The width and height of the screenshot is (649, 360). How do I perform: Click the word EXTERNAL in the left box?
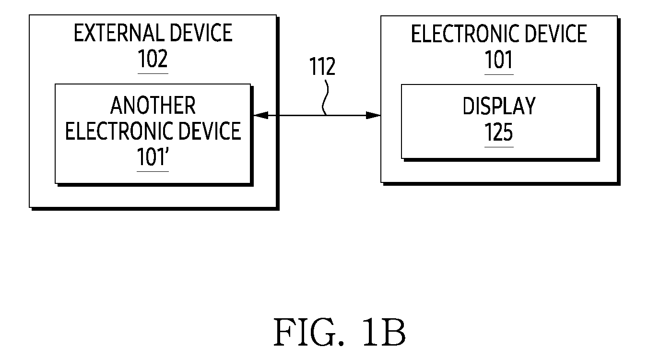click(119, 33)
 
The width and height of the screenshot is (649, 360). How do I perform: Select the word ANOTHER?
click(153, 106)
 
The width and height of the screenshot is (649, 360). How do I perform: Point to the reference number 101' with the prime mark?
click(153, 156)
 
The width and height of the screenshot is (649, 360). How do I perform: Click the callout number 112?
click(322, 66)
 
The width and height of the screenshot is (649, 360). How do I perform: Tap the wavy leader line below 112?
click(325, 98)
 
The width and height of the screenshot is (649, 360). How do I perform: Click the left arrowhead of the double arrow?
click(261, 115)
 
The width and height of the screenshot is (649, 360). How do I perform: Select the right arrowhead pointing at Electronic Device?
click(373, 115)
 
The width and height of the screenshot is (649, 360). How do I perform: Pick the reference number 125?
click(499, 132)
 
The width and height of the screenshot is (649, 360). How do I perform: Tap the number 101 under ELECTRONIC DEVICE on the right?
click(499, 60)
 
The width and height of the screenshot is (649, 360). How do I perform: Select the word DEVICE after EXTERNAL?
click(201, 33)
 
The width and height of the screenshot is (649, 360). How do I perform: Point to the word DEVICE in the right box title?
click(555, 34)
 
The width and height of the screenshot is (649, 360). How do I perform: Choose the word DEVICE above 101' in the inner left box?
click(209, 131)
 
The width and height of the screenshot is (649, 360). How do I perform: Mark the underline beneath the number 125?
click(499, 147)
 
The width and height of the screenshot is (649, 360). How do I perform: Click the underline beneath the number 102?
click(153, 73)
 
